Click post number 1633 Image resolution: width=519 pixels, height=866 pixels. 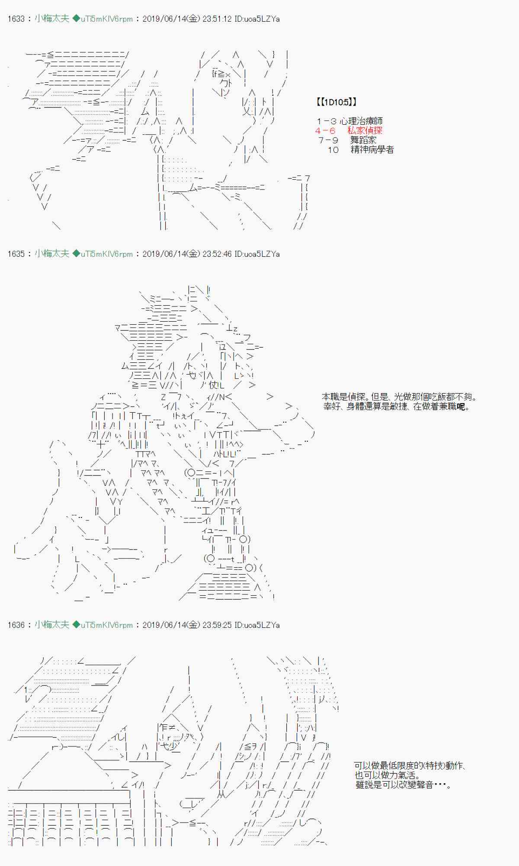coord(16,19)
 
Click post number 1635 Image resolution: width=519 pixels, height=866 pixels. coord(16,254)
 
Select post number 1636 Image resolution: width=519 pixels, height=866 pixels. coord(16,625)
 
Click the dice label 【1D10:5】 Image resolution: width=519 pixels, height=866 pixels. coord(337,102)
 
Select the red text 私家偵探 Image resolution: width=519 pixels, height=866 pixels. coord(365,131)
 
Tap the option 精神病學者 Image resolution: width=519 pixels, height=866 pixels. coord(372,150)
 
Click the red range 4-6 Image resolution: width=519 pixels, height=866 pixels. coord(325,131)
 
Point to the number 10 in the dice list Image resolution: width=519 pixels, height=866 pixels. coord(333,150)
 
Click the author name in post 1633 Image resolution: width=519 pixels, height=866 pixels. coord(52,19)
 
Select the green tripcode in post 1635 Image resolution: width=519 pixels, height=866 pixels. coord(103,254)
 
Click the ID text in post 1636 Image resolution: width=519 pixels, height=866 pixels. coord(257,625)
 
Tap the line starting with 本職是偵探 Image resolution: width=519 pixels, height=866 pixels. coord(400,397)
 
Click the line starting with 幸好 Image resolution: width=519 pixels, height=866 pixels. coord(396,406)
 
